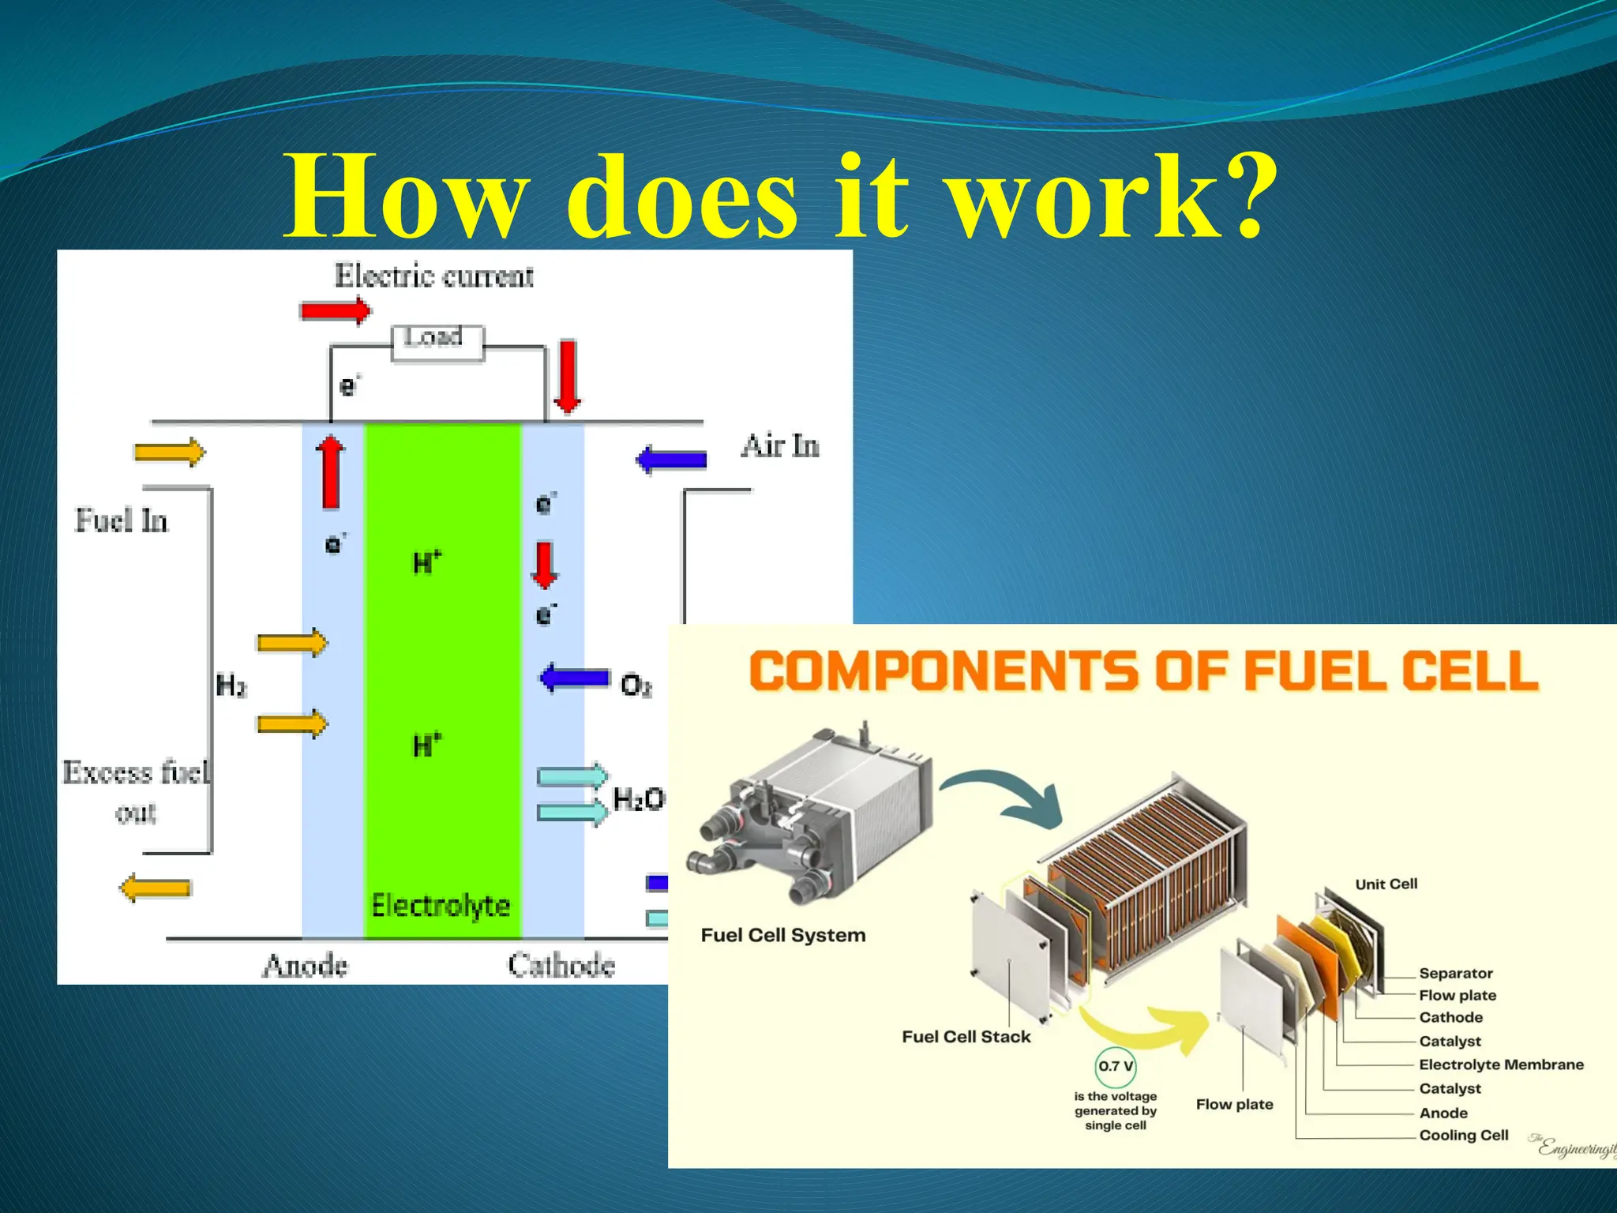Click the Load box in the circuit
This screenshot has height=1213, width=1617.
437,343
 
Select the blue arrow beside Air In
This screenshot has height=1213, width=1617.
672,460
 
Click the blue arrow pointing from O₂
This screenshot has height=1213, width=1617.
575,678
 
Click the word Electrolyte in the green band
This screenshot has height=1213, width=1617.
441,906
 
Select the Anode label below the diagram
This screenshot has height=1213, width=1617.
305,965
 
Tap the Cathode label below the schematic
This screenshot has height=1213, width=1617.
561,965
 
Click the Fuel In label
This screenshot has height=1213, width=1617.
122,521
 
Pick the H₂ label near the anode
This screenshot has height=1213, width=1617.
231,685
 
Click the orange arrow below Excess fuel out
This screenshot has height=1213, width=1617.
156,888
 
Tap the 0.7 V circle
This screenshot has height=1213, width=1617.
1116,1066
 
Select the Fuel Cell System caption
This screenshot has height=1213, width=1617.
783,935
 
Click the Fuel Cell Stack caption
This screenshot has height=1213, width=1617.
966,1037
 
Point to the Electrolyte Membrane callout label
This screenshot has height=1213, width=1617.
1501,1065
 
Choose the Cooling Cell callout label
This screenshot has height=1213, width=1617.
1464,1135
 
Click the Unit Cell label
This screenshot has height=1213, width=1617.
1386,884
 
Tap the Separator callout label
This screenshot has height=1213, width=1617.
1456,973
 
